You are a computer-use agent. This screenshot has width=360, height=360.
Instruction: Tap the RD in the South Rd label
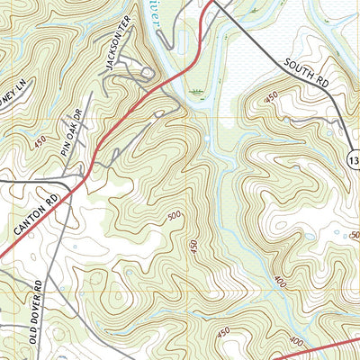tap(321, 82)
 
